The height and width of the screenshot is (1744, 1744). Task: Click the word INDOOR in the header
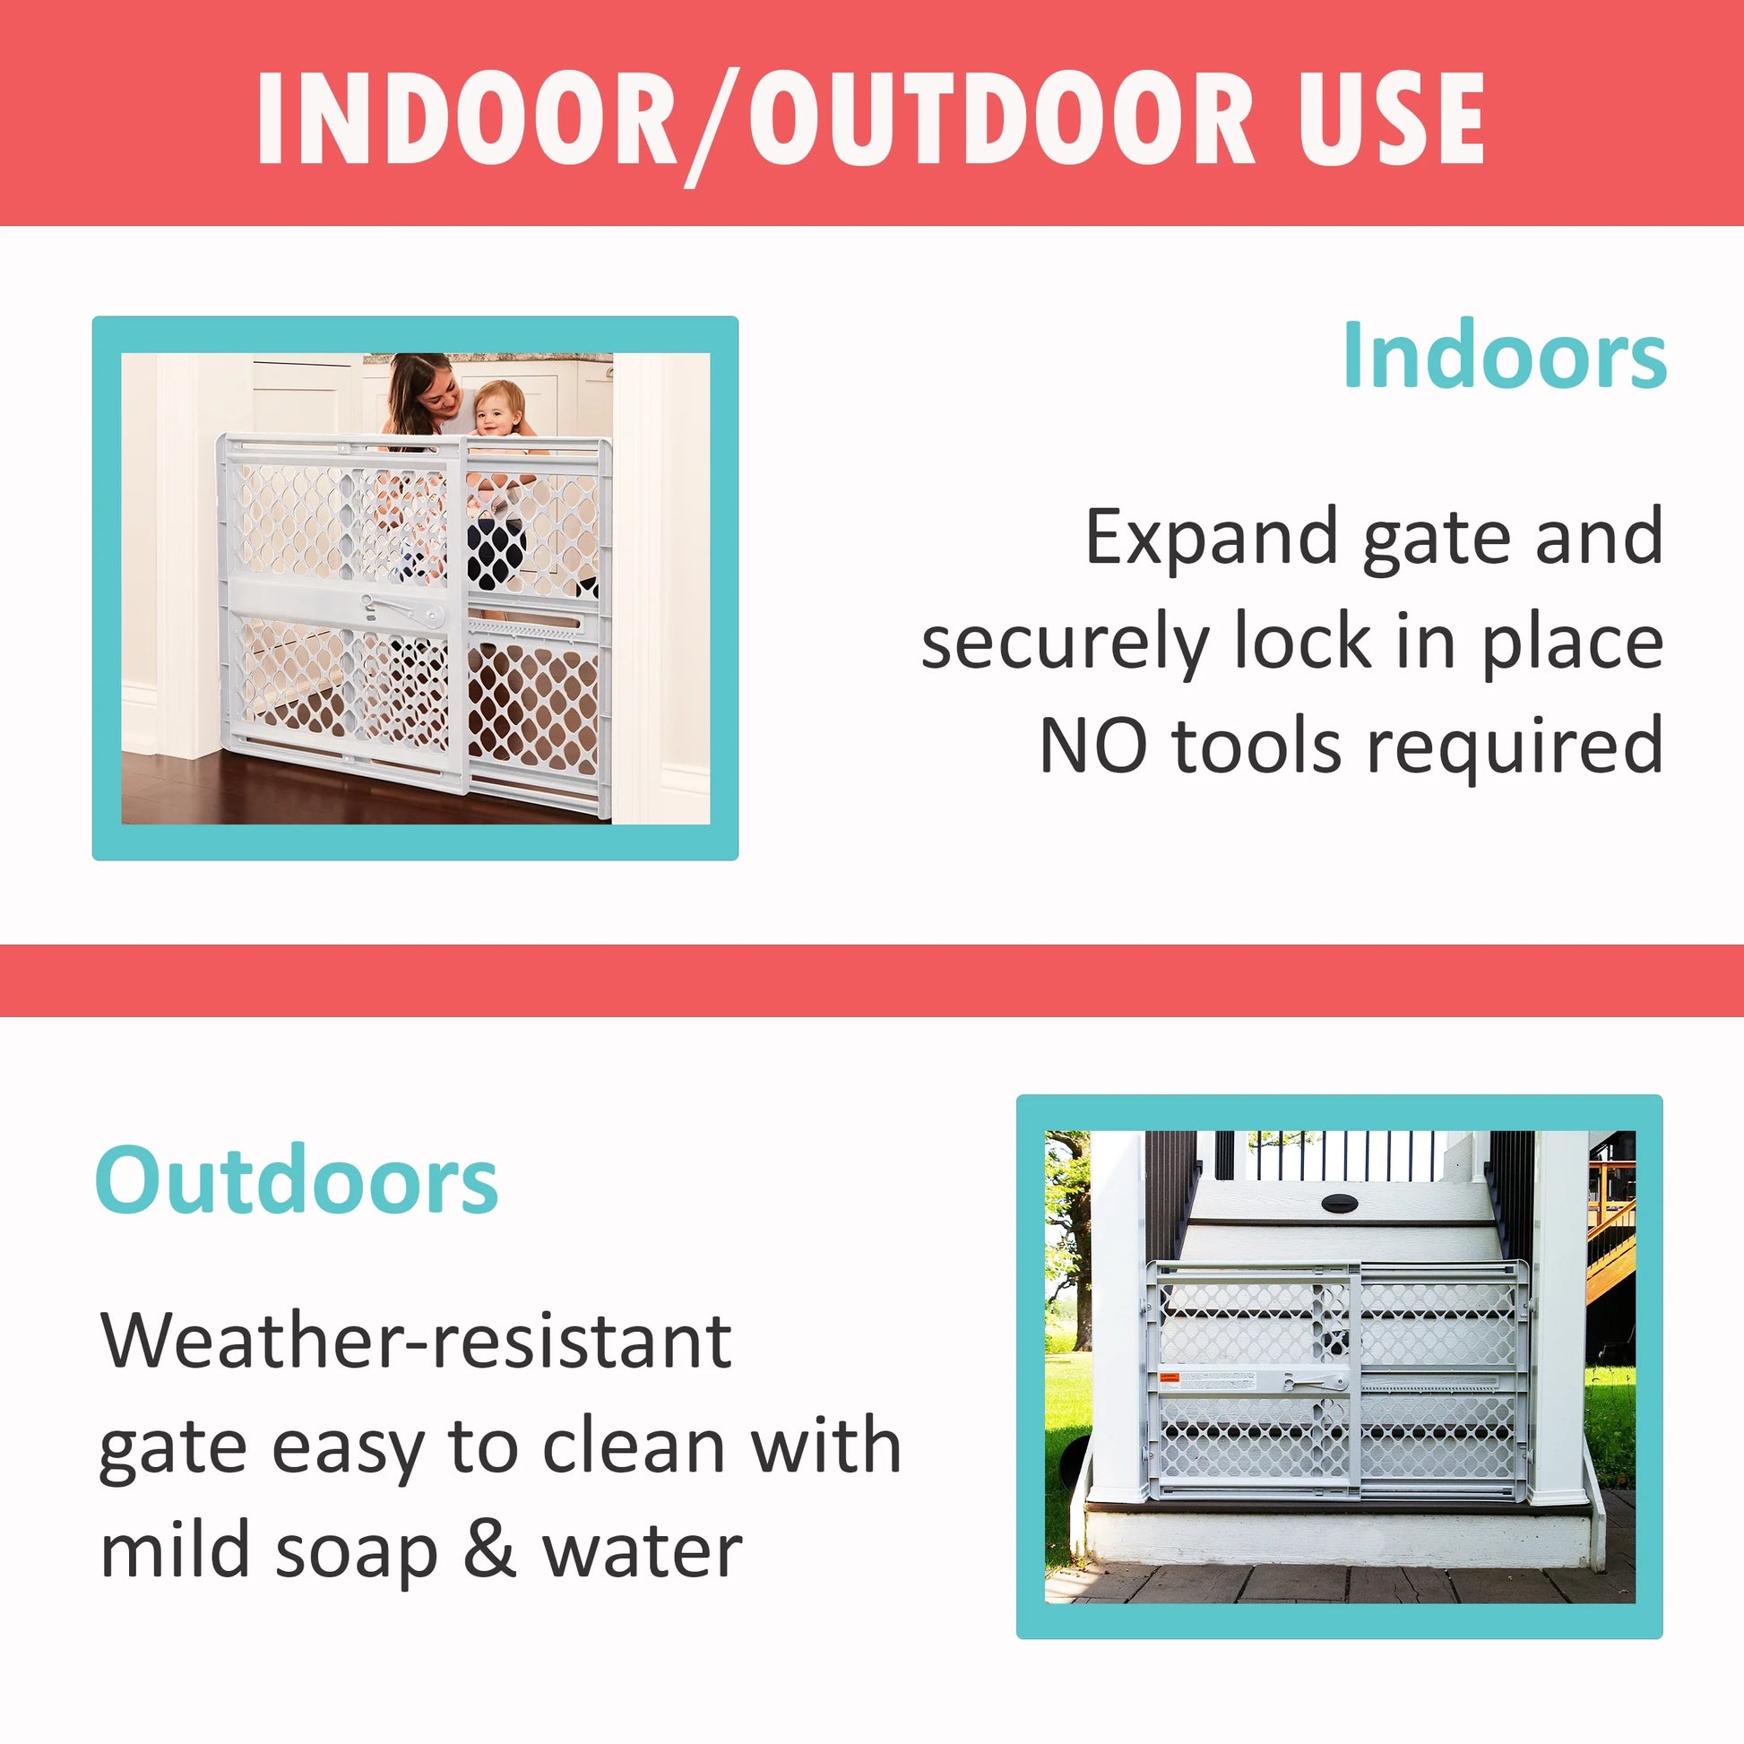465,119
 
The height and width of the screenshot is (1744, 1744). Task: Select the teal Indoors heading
1504,358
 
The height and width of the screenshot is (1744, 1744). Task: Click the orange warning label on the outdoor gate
1169,1377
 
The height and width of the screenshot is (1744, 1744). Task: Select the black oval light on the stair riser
1340,1203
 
